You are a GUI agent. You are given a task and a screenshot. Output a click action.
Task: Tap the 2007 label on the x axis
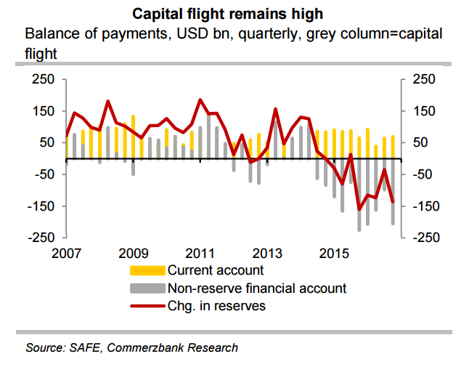pos(66,254)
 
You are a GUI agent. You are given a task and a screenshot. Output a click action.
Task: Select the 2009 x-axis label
pos(134,254)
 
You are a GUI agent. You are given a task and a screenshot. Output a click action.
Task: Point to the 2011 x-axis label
pos(200,254)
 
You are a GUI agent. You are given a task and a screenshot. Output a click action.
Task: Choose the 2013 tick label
pos(267,254)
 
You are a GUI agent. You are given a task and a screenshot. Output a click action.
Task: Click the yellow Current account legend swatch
pos(147,270)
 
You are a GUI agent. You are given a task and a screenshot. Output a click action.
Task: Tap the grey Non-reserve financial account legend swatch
pos(147,288)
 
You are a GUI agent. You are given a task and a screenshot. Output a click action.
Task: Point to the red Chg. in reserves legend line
pos(147,305)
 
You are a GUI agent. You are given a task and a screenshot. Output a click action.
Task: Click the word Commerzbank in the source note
pos(152,347)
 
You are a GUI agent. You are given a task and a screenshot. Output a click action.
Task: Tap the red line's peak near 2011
pos(201,100)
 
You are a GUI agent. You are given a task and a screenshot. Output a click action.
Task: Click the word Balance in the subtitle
pos(51,34)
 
